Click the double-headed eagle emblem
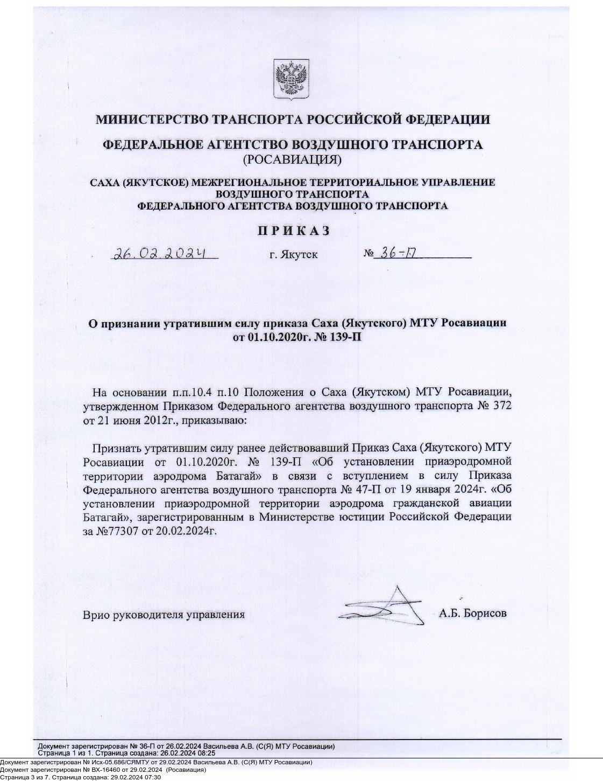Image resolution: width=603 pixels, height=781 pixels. click(x=291, y=79)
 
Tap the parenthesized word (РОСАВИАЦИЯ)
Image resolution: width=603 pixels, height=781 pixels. click(x=292, y=159)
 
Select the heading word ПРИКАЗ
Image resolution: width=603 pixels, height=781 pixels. click(x=293, y=231)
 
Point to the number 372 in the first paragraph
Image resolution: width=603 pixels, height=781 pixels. click(x=501, y=405)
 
